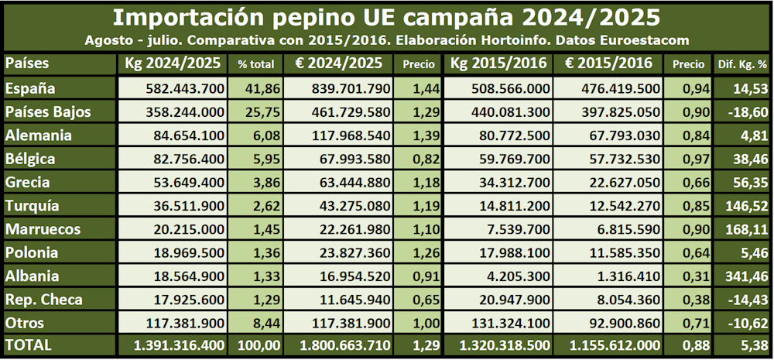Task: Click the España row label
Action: tap(30, 89)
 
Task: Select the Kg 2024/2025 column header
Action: tap(172, 63)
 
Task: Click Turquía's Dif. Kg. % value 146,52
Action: tap(747, 206)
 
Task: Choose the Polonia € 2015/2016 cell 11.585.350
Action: tap(622, 252)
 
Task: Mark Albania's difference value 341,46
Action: tap(747, 276)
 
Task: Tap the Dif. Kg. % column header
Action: tap(742, 64)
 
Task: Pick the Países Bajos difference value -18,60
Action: tap(747, 112)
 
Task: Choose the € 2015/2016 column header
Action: tap(608, 63)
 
